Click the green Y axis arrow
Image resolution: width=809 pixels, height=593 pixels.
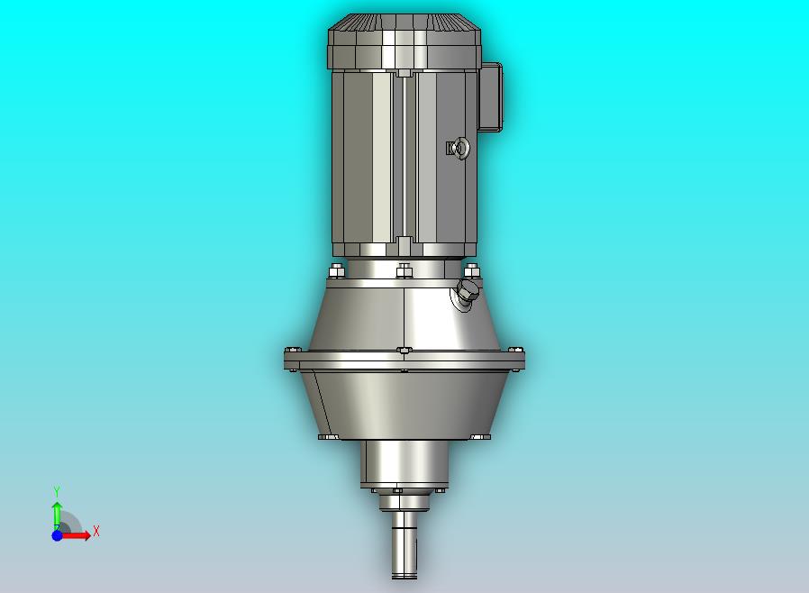pos(57,513)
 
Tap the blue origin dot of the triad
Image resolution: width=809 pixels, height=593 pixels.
pos(57,535)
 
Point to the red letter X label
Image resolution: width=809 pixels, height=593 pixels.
pos(95,532)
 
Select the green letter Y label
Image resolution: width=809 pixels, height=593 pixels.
pos(57,491)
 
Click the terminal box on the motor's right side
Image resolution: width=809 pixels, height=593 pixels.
pos(491,97)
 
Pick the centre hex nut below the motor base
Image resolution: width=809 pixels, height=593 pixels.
pos(404,269)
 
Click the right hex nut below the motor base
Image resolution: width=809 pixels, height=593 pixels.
pos(470,270)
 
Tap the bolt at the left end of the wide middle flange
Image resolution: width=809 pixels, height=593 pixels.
pos(291,351)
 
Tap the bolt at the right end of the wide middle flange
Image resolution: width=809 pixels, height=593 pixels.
pos(515,350)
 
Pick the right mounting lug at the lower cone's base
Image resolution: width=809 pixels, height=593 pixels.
pos(479,437)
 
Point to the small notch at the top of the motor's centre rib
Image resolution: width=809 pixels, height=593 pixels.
pos(404,72)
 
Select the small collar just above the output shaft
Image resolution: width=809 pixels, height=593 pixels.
pos(404,501)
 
